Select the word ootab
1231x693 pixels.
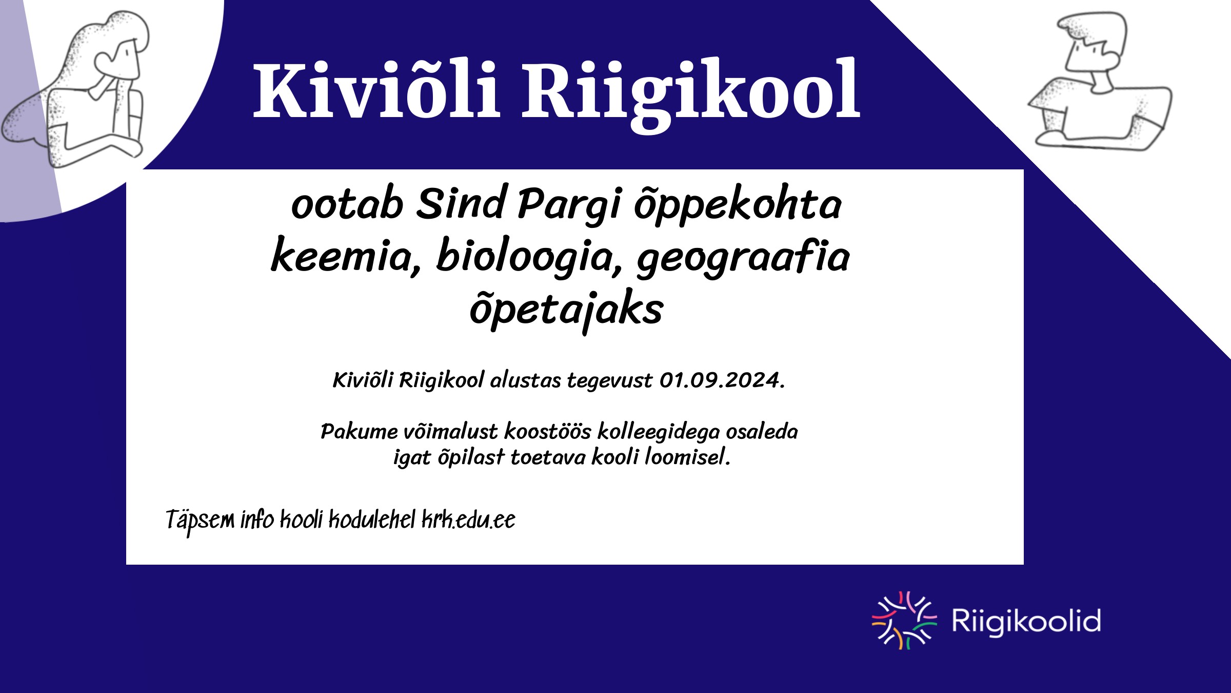pos(347,204)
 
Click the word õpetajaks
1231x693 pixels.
pos(567,310)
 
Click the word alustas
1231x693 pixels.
pos(526,380)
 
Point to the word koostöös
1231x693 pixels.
pos(548,431)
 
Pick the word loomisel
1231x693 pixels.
pos(687,456)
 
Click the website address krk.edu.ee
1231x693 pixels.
pos(468,520)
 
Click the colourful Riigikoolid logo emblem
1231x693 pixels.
pos(904,620)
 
